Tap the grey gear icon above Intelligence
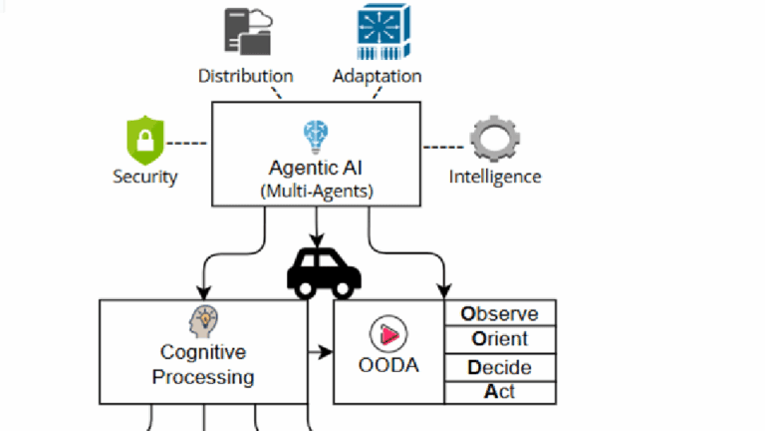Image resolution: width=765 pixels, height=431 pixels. (x=494, y=142)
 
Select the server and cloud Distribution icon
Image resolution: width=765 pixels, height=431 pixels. (x=246, y=31)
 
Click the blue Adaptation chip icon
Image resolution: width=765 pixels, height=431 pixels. (x=377, y=32)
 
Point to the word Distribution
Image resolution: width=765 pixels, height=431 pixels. (x=246, y=76)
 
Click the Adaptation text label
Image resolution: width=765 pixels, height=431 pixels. (x=377, y=76)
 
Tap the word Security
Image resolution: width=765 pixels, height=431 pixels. (x=144, y=178)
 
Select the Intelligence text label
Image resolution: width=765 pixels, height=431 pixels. (x=495, y=178)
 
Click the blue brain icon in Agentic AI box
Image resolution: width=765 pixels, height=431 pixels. (x=316, y=135)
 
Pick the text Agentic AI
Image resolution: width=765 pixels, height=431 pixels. (x=316, y=167)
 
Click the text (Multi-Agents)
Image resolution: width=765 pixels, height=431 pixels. (x=316, y=190)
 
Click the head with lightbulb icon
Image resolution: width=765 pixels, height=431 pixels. (x=203, y=322)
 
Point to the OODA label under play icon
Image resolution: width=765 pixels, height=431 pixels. (x=388, y=365)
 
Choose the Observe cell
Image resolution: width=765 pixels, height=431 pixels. (x=499, y=313)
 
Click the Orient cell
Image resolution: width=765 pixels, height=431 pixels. (x=499, y=339)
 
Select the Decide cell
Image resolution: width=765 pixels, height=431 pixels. (x=499, y=366)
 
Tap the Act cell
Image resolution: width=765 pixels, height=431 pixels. (x=499, y=392)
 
